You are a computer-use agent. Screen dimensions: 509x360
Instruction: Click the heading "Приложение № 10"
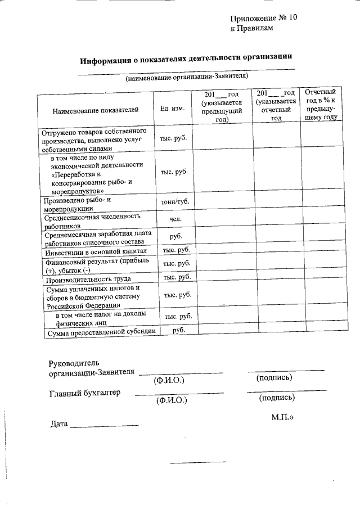(263, 18)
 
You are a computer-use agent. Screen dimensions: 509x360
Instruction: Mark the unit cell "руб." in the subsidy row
(179, 331)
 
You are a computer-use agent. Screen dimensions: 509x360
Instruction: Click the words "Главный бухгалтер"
(84, 393)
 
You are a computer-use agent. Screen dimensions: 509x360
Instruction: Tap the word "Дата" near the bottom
(58, 424)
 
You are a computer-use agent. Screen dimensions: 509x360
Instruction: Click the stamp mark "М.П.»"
(283, 418)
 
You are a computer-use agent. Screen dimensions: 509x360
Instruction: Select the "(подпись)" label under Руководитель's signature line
(274, 378)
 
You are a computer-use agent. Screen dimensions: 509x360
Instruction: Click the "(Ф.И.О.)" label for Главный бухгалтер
(172, 400)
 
